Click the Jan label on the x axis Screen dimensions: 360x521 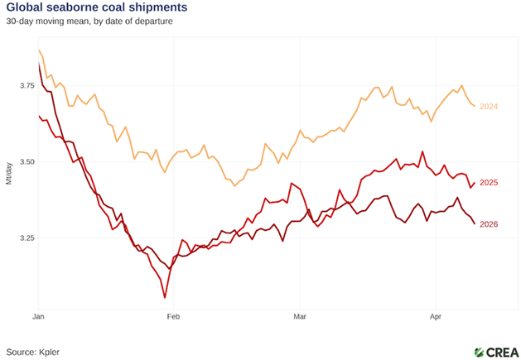(38, 316)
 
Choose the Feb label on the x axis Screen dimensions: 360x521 (172, 316)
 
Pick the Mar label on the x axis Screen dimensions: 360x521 (298, 316)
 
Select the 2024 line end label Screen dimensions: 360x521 (489, 106)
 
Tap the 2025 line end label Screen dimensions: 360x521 (489, 183)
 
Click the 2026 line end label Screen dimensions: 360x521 (489, 224)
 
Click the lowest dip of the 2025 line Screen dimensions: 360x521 (165, 297)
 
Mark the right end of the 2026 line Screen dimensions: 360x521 (475, 223)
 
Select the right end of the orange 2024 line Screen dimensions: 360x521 (475, 106)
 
